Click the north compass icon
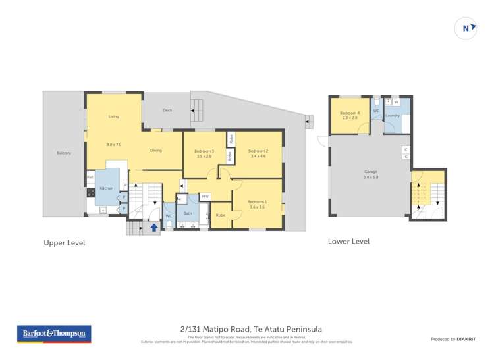coord(466,28)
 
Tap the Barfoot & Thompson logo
coord(53,334)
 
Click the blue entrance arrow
coord(154,228)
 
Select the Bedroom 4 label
coord(349,113)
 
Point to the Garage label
coord(370,172)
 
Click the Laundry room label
coord(393,116)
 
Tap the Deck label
coord(167,110)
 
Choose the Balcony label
coord(64,153)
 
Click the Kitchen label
coord(107,188)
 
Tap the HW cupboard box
coord(205,197)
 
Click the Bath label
coord(188,213)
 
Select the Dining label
coord(156,151)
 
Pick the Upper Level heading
coord(64,243)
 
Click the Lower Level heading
coord(348,242)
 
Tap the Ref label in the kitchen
coord(89,176)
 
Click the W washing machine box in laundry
coord(397,102)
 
